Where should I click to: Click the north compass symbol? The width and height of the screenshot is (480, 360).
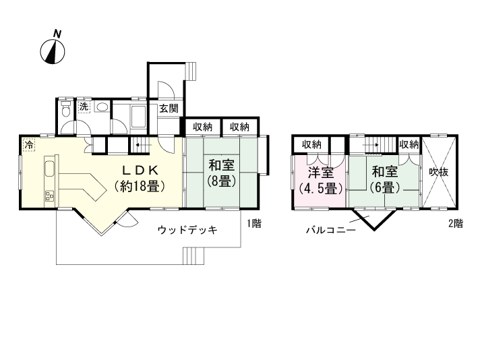coord(54,49)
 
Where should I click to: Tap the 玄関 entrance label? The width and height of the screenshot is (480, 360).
coord(169,108)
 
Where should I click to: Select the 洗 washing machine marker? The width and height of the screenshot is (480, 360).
coord(84,107)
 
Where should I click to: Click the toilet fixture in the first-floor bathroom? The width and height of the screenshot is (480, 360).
coord(65,111)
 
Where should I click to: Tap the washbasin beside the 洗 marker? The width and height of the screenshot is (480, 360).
coord(102,107)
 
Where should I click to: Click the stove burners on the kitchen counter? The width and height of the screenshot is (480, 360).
coord(49,196)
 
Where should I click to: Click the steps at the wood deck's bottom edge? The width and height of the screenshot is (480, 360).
coord(193,256)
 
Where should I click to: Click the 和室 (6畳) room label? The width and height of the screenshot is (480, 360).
coord(384,179)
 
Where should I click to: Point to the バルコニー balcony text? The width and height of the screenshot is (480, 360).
coord(330,230)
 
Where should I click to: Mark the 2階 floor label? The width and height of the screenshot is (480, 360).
coord(455,224)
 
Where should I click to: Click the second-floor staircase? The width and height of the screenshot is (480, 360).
coord(381,144)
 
